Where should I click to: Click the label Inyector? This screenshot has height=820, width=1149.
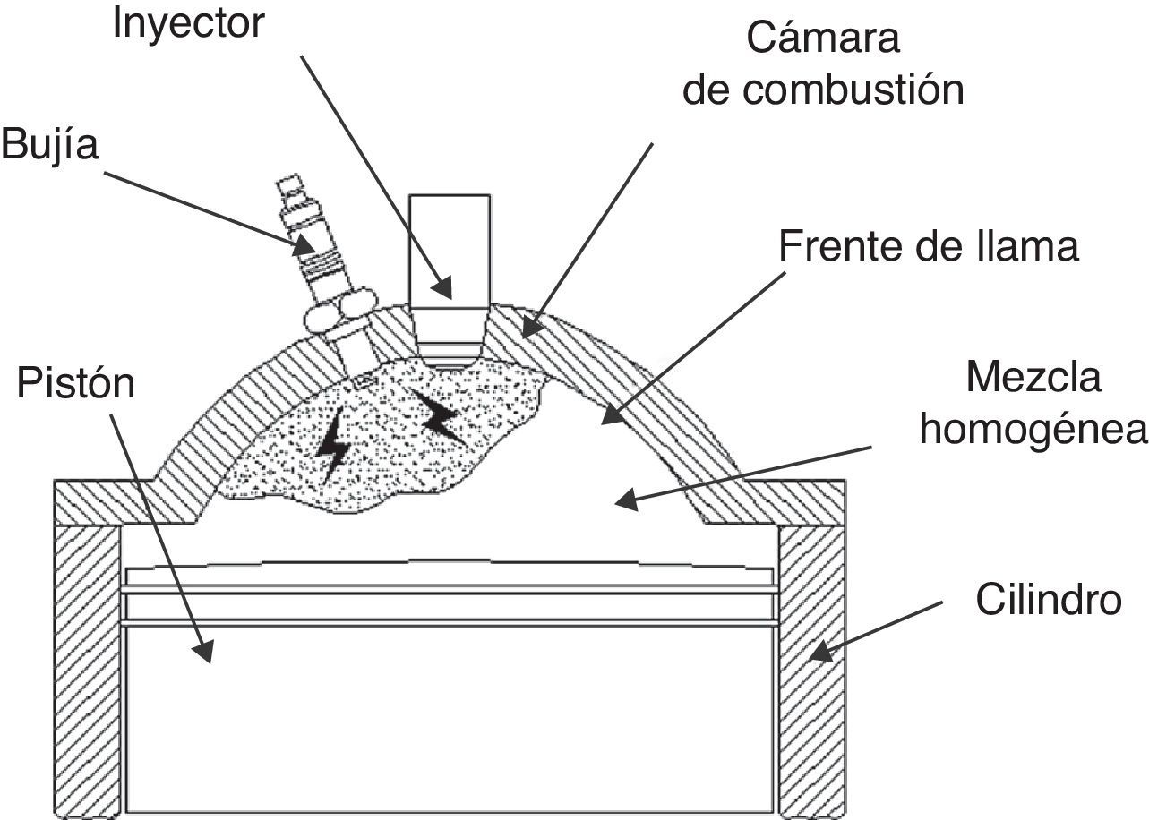click(x=188, y=24)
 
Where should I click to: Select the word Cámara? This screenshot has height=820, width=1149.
click(x=822, y=40)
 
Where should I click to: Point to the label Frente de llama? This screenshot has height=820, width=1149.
click(x=929, y=246)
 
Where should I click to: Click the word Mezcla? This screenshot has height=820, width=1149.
click(x=1033, y=379)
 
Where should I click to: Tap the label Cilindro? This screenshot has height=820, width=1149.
click(x=1048, y=600)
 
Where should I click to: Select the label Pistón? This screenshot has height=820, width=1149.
click(x=76, y=384)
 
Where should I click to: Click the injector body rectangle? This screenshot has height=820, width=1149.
click(x=448, y=251)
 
